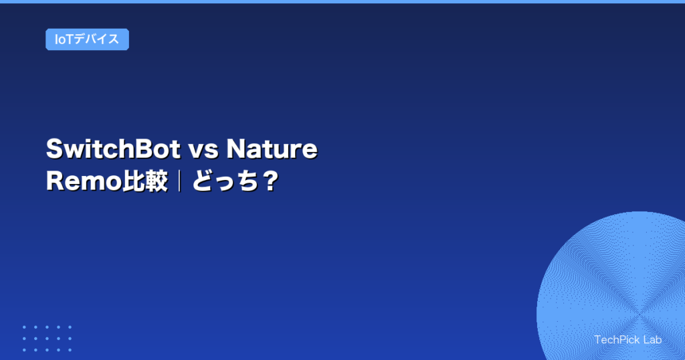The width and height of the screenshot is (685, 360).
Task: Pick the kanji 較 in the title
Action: click(155, 181)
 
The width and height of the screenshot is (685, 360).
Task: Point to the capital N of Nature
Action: click(237, 149)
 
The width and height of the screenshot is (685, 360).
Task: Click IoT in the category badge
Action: click(64, 39)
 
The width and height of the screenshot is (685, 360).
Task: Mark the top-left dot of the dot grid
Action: click(24, 327)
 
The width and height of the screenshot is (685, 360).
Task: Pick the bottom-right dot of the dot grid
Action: click(70, 350)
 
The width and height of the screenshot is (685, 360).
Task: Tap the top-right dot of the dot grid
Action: click(70, 327)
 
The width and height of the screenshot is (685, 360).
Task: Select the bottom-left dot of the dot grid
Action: click(24, 350)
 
